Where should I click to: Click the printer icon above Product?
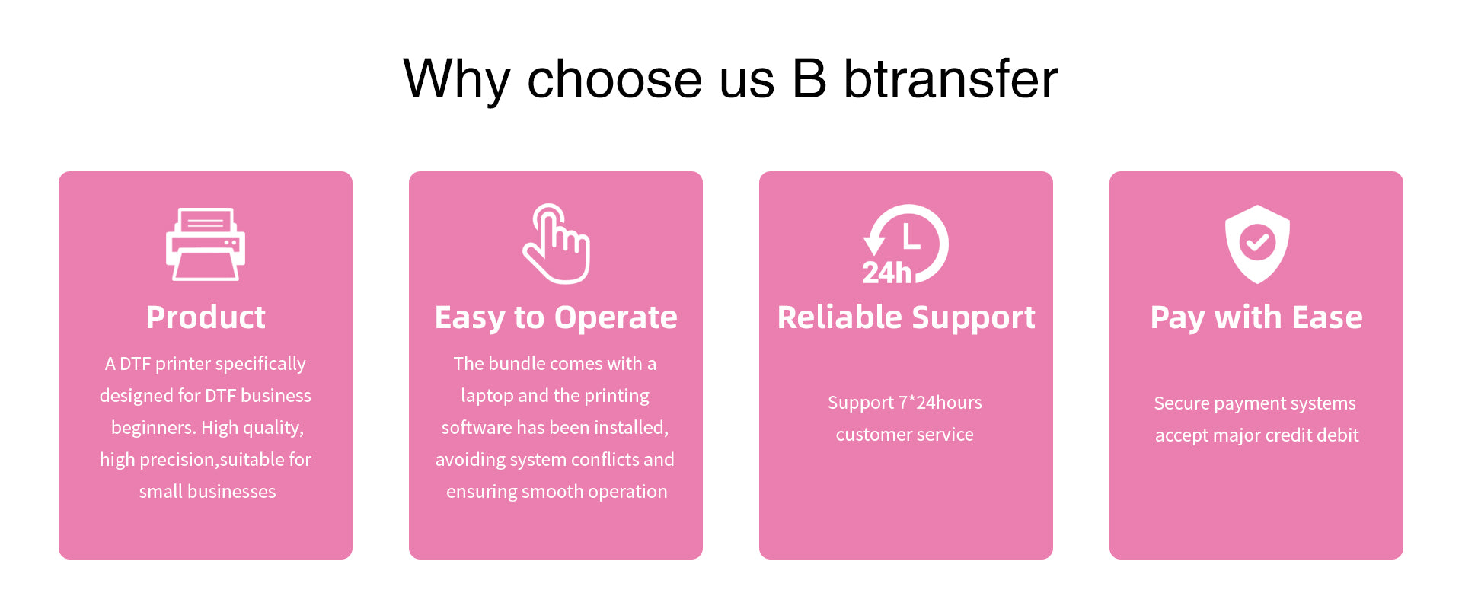[206, 244]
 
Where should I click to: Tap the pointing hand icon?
[557, 244]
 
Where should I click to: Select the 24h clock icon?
[905, 244]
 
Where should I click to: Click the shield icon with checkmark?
[1257, 244]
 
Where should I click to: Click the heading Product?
[206, 317]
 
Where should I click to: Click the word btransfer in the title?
[951, 79]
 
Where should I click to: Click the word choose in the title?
[614, 79]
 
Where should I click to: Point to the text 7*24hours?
[940, 402]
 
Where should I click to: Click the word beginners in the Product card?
[154, 428]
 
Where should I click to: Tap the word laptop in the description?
[487, 397]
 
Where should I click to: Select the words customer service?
[905, 435]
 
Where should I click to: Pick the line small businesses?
[207, 492]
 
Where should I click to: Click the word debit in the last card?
[1339, 435]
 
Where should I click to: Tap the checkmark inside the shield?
[1257, 243]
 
